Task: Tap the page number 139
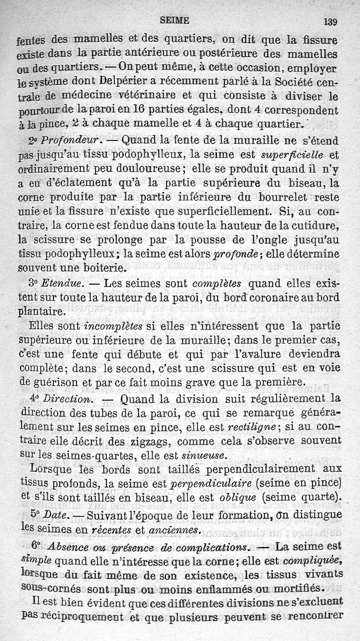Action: pyautogui.click(x=330, y=21)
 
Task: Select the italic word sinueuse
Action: pyautogui.click(x=203, y=456)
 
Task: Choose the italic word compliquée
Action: pyautogui.click(x=313, y=561)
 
